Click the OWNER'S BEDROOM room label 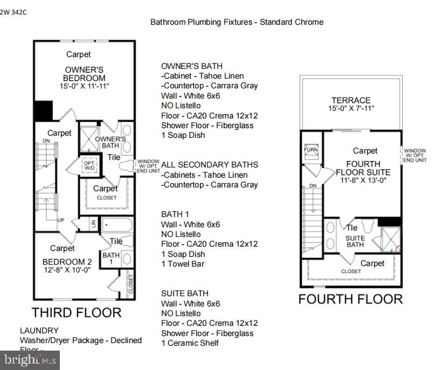(84, 74)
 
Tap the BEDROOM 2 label (67, 262)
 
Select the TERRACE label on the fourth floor (351, 100)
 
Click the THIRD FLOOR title (76, 312)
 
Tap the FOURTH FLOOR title (350, 299)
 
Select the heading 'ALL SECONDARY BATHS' (209, 164)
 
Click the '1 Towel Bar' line (183, 264)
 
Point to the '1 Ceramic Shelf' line (190, 343)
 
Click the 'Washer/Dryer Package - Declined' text (81, 340)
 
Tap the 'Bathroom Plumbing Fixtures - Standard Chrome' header (237, 22)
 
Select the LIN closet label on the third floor (93, 223)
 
